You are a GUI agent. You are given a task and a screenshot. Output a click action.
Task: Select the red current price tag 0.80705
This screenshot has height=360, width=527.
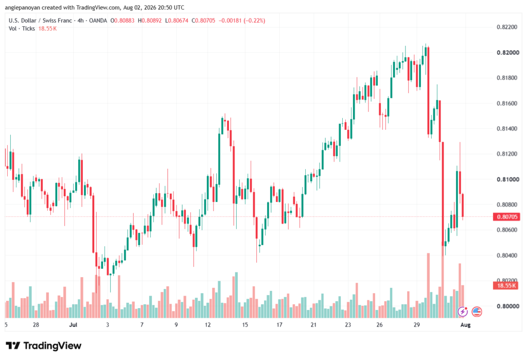pos(506,217)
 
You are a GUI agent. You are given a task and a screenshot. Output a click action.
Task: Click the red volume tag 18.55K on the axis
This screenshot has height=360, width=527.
pos(506,286)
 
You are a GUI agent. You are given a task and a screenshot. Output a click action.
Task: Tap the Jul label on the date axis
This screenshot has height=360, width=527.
pos(73,324)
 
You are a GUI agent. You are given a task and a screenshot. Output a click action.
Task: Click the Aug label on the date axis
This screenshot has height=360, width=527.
pos(465,324)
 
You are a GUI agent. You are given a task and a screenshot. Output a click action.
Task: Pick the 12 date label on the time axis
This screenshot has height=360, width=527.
pos(208,324)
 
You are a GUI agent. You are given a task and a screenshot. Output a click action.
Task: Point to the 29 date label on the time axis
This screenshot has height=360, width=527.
pos(416,324)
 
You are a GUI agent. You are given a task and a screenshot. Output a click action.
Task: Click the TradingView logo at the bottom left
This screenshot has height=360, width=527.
pos(44,346)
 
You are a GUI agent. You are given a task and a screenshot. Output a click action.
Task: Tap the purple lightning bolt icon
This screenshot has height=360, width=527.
pos(463,312)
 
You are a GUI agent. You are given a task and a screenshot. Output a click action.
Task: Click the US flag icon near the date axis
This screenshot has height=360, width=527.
pos(477,312)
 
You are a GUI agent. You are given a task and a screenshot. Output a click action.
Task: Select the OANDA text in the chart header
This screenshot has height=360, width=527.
pos(98,21)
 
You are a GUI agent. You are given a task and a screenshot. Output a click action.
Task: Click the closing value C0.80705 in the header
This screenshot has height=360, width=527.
pos(203,21)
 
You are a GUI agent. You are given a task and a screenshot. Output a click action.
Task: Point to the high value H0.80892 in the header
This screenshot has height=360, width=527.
pos(150,21)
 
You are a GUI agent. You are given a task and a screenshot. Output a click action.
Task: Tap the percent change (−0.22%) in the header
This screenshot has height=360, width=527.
pos(254,21)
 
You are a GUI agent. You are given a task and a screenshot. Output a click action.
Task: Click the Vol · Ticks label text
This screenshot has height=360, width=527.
pos(22,29)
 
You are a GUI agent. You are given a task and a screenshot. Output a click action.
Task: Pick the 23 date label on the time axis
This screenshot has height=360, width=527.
pos(348,324)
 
